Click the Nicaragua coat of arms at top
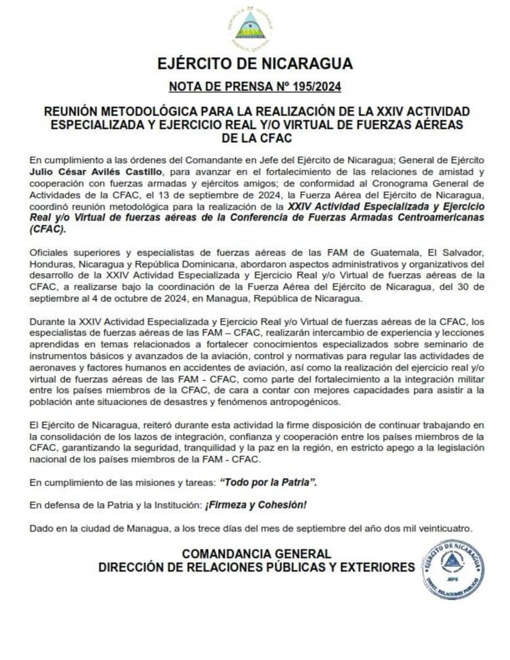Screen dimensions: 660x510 (x=251, y=28)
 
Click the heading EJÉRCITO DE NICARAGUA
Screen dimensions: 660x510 (x=255, y=64)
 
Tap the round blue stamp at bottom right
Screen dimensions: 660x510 (x=453, y=569)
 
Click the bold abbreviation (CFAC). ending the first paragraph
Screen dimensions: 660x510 (x=47, y=229)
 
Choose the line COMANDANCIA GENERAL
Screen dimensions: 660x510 (x=256, y=554)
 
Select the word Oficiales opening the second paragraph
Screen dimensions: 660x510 (x=49, y=252)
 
